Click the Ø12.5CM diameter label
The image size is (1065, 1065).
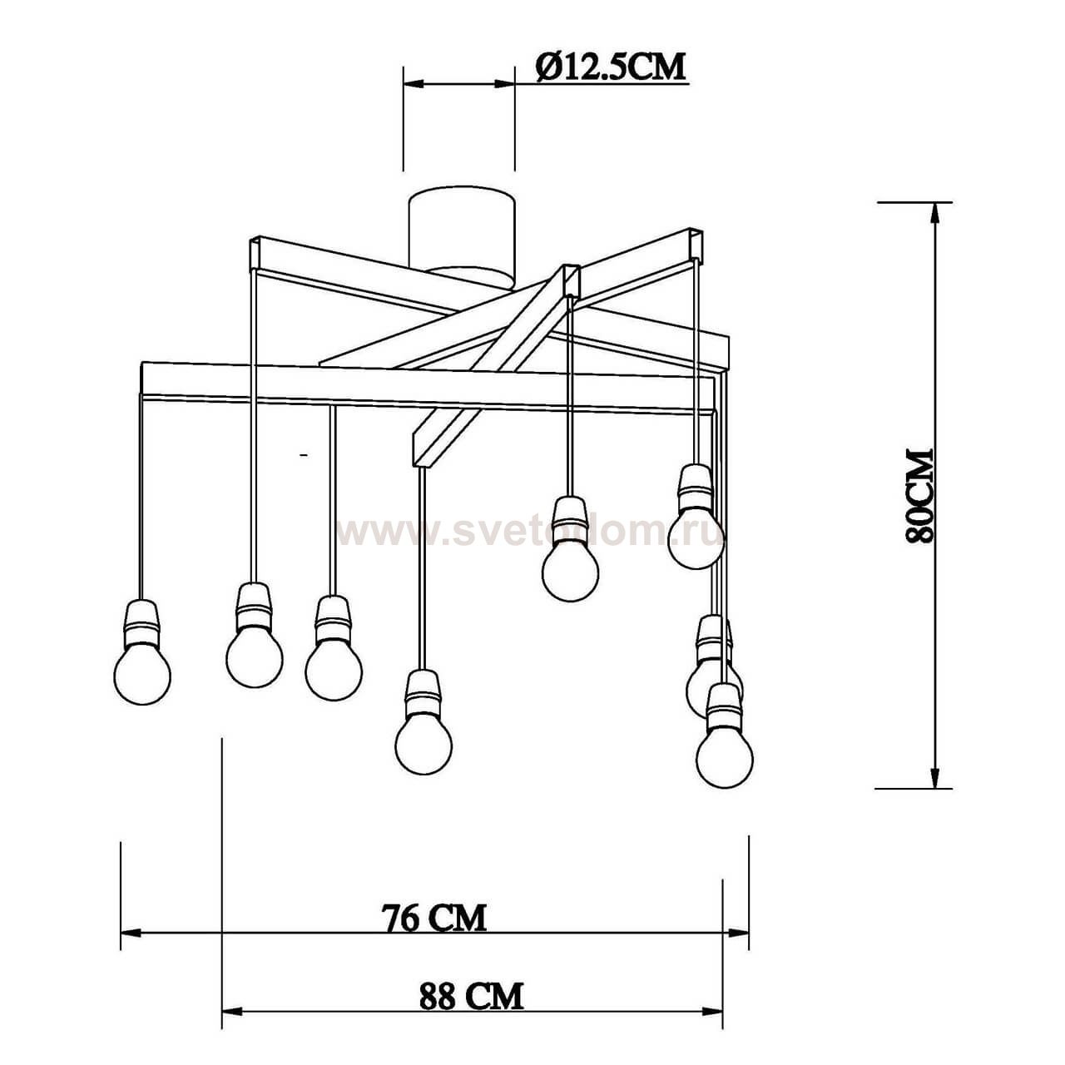click(611, 67)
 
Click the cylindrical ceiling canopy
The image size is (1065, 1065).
click(462, 238)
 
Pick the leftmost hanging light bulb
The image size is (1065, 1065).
click(142, 652)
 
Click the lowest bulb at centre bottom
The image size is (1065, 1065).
click(424, 722)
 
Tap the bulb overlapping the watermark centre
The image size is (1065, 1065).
click(571, 549)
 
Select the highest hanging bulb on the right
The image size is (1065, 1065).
click(696, 517)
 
